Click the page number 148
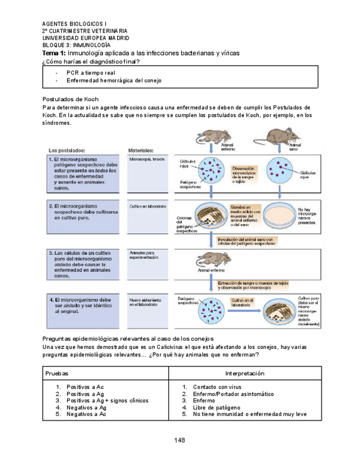point(180,440)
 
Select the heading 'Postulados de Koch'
point(70,99)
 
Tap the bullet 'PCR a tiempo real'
point(91,73)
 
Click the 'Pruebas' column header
point(57,373)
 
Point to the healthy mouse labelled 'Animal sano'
point(283,137)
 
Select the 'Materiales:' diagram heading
point(141,149)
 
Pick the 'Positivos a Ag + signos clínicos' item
point(108,401)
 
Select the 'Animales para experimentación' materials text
point(143,255)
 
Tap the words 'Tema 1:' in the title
point(54,53)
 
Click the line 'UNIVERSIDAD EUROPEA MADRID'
point(86,38)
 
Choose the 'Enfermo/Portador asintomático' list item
point(233,394)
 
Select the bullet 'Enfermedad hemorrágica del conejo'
point(114,81)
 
